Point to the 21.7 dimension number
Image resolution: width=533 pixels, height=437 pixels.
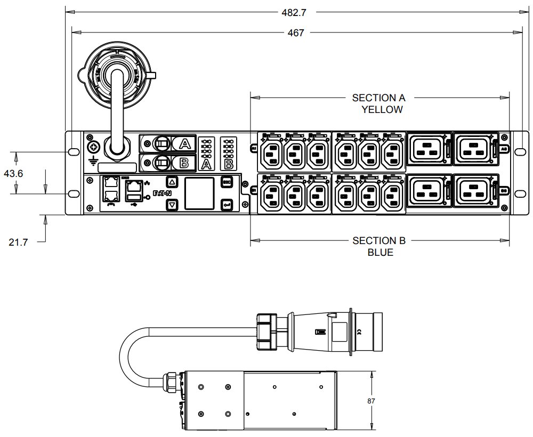(18, 242)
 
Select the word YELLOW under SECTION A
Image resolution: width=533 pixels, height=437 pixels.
(382, 110)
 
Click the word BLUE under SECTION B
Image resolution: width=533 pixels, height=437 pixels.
(381, 252)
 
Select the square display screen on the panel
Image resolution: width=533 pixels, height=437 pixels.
(199, 193)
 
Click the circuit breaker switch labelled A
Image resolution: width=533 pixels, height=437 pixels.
(161, 143)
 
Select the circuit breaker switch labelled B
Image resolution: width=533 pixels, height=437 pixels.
(161, 162)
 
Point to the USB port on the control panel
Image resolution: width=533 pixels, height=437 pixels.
(134, 200)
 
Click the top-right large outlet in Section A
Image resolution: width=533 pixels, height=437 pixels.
(475, 148)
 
